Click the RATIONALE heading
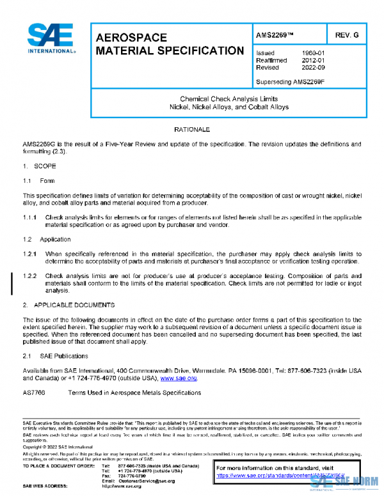pyautogui.click(x=192, y=130)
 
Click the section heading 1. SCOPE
pyautogui.click(x=39, y=166)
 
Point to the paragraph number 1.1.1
pyautogui.click(x=31, y=217)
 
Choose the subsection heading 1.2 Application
pyautogui.click(x=47, y=239)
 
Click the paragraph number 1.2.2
pyautogui.click(x=31, y=275)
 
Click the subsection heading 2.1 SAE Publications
pyautogui.click(x=55, y=355)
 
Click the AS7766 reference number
pyautogui.click(x=33, y=393)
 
